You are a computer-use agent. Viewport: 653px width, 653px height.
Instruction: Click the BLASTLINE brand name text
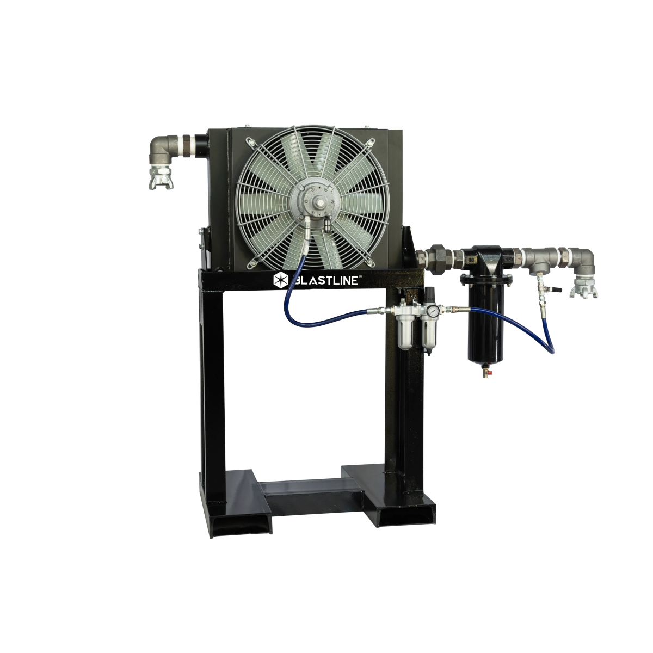click(325, 280)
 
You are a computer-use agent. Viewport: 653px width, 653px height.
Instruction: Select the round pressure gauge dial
click(432, 311)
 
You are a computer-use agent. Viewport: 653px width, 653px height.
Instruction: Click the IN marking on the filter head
click(468, 255)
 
